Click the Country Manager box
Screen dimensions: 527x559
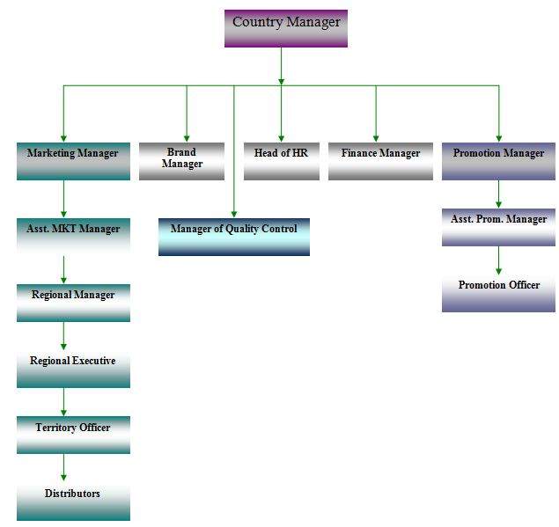click(x=286, y=28)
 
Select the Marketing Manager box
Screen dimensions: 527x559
click(x=73, y=160)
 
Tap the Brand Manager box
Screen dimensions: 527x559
click(x=181, y=161)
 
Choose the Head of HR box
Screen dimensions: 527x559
click(x=281, y=161)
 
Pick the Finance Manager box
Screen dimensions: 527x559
click(x=380, y=161)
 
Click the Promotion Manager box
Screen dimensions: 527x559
click(x=498, y=161)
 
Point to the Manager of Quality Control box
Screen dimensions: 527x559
click(x=234, y=236)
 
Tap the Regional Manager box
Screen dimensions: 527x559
click(x=73, y=302)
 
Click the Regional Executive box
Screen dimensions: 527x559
click(x=73, y=368)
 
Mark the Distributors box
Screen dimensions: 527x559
click(x=73, y=501)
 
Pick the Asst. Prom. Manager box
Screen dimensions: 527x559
click(x=498, y=226)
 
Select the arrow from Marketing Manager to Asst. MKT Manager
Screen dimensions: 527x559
click(x=63, y=199)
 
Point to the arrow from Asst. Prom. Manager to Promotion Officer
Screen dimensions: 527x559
click(x=498, y=260)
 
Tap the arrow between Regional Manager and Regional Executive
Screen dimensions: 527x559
click(x=63, y=335)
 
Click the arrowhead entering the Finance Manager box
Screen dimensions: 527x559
click(x=375, y=136)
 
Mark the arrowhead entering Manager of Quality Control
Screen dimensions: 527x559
click(x=234, y=212)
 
